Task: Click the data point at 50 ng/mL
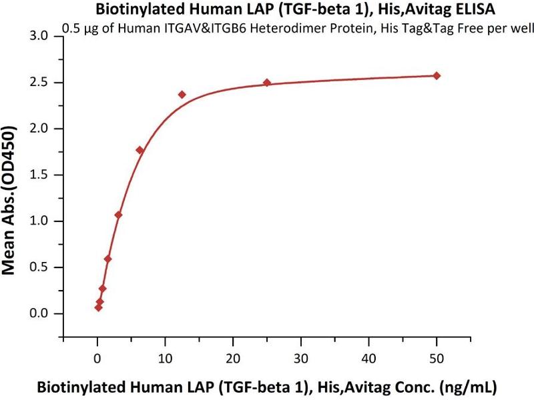437,75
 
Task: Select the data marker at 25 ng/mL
267,83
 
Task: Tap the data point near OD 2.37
182,95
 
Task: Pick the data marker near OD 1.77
140,150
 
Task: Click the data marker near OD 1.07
118,215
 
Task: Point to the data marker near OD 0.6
107,259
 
